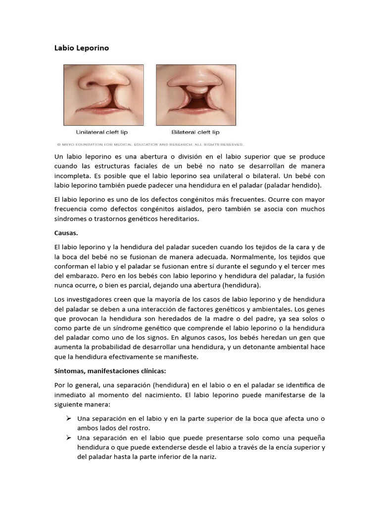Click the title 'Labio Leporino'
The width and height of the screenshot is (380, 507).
point(81,48)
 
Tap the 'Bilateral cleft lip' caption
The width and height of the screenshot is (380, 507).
point(195,132)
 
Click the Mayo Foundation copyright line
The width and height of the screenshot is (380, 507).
point(149,145)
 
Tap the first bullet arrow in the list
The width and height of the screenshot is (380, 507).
point(70,418)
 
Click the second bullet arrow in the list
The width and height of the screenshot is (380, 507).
point(70,438)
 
